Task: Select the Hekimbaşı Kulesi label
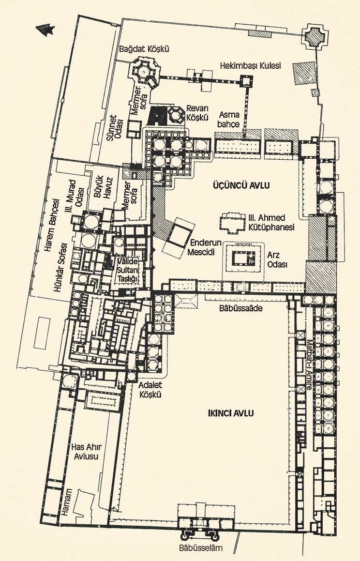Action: (250, 66)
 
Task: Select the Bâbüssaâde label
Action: (241, 307)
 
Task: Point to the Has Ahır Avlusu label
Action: (85, 452)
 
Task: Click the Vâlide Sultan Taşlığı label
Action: (128, 270)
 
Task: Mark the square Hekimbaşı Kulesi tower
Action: (246, 81)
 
